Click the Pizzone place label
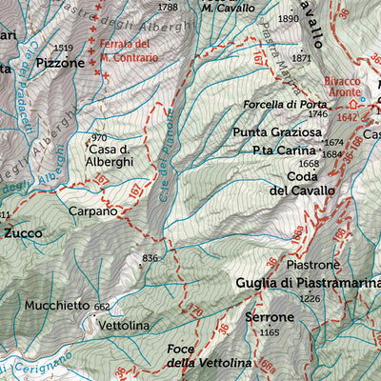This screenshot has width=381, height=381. pos(61,64)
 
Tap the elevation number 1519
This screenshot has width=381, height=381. pos(64,48)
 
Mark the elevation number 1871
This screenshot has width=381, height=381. pos(303,58)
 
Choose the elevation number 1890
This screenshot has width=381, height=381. pos(288,18)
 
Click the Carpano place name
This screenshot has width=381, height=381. pos(92,211)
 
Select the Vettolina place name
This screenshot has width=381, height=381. pos(124,326)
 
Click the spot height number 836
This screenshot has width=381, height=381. pos(150,258)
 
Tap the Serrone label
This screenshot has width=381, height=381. pos(269,316)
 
